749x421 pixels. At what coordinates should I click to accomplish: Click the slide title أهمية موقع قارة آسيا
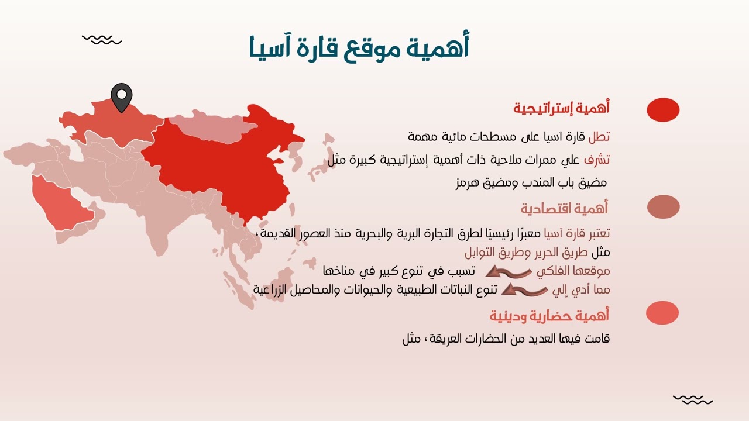tap(359, 47)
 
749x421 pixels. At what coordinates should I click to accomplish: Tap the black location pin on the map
tap(122, 97)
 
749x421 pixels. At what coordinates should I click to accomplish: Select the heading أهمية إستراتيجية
tap(562, 108)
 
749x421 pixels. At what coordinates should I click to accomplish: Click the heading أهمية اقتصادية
tap(565, 208)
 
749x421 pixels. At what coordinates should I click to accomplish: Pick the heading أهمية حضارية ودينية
tap(549, 316)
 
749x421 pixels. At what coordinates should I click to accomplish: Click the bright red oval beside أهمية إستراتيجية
tap(663, 110)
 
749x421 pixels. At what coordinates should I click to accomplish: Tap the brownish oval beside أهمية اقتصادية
tap(663, 207)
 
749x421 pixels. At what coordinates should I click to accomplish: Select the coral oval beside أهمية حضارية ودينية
tap(662, 313)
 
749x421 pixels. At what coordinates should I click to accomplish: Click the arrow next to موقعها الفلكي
tap(509, 271)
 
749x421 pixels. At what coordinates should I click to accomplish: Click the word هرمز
tap(467, 182)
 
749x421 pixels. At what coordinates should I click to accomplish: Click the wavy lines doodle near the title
tap(102, 40)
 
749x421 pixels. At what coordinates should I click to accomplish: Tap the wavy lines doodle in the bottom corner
tap(693, 400)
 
